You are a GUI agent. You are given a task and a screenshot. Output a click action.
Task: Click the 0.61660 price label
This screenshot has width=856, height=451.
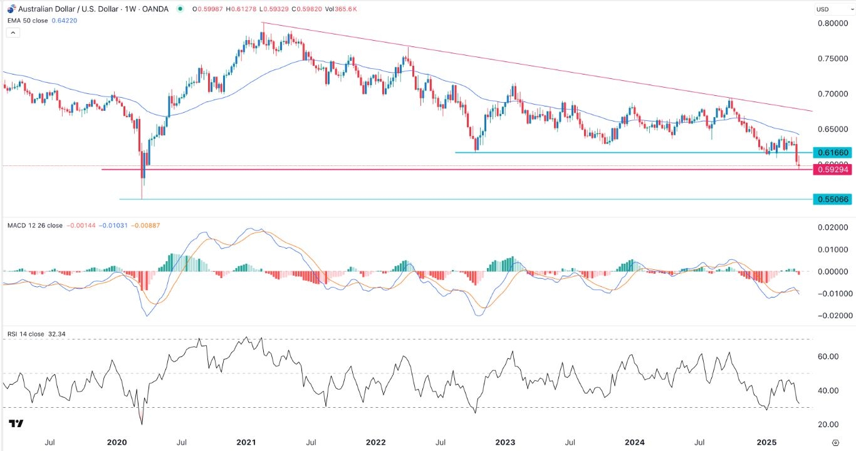coord(831,153)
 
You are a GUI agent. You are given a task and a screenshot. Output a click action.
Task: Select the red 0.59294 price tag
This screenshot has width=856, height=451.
coord(831,170)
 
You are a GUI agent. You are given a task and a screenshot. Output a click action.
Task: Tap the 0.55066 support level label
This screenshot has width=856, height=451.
coord(831,199)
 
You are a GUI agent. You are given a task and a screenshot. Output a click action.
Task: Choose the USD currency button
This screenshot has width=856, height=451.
coord(822,9)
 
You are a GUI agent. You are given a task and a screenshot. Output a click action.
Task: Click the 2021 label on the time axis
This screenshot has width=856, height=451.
coord(246,442)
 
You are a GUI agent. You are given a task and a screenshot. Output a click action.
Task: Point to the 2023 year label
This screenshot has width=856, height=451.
coord(505,442)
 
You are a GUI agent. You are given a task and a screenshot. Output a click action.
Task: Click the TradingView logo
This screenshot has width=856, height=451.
coord(16,424)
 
